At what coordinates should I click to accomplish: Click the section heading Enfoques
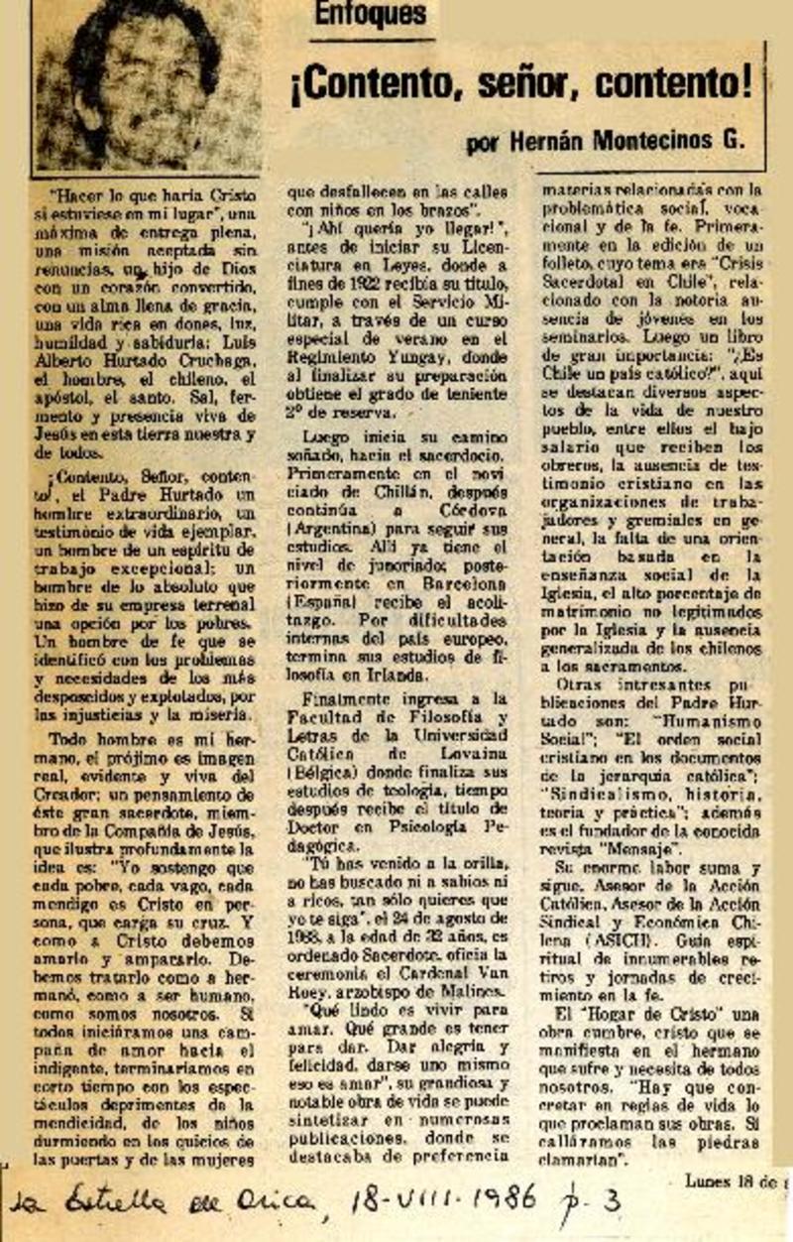coord(371,14)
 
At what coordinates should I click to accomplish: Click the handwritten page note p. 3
coord(598,1203)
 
